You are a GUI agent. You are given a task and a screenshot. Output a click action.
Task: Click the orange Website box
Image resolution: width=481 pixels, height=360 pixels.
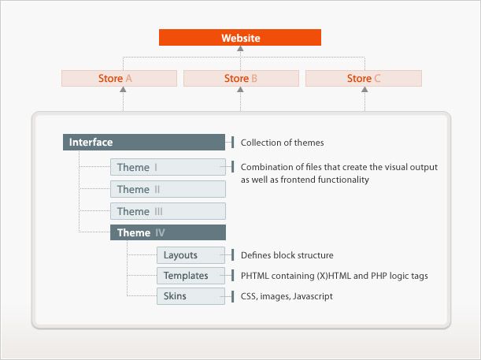point(240,38)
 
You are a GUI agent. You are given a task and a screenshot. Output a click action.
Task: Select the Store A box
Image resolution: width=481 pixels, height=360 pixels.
point(119,78)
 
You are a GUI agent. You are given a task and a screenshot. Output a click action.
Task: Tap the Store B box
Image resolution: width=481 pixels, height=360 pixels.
point(241,78)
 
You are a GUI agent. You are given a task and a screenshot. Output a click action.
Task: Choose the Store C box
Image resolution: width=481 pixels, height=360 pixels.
point(364,78)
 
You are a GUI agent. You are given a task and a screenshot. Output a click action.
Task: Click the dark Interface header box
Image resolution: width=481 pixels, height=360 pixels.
point(144,142)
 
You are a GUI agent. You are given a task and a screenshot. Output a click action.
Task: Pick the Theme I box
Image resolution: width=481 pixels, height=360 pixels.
point(168,167)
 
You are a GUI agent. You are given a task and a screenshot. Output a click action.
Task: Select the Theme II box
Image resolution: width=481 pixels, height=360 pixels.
point(168,189)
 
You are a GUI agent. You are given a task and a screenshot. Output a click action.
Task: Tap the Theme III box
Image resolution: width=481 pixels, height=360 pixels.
point(168,211)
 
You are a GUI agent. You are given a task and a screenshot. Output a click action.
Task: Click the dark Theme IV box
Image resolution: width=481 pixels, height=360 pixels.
point(168,232)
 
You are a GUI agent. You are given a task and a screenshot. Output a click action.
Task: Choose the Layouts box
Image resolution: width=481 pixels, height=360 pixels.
point(191,255)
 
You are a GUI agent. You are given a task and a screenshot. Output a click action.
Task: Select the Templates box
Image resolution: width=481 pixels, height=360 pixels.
point(191,276)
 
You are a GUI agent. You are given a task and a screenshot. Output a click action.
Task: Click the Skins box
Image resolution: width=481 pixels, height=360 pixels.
point(191,296)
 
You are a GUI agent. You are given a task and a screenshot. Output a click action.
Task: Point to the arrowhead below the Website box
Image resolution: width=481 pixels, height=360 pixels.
point(241,49)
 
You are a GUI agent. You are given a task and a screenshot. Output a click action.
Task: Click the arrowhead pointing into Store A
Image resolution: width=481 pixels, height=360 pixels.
point(123,89)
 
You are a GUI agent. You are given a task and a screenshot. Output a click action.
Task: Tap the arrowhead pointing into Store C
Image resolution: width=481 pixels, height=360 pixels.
point(364,89)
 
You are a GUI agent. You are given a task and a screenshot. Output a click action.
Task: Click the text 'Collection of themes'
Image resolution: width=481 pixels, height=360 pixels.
point(282,143)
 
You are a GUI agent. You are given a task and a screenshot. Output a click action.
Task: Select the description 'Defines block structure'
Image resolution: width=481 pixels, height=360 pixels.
point(287,255)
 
